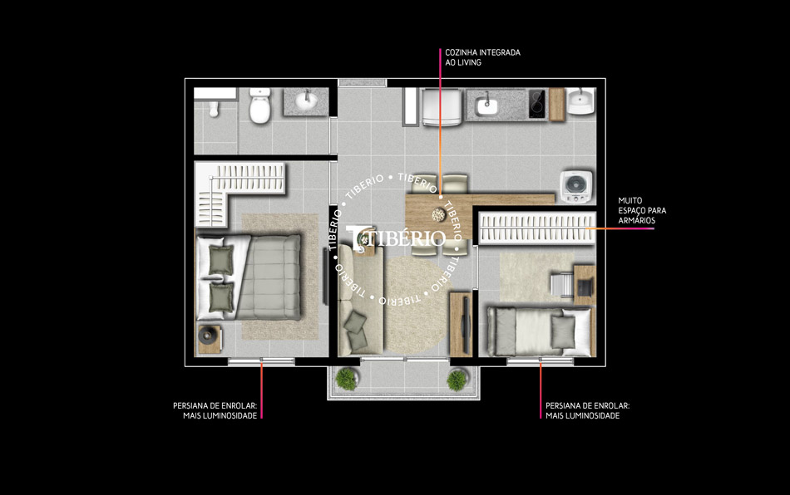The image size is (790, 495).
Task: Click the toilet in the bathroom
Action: click(260, 106)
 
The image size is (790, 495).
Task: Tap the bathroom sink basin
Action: click(306, 100)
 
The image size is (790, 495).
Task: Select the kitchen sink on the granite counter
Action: click(486, 105)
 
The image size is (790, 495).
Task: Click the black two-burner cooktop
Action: click(536, 104)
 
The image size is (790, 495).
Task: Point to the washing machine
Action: click(576, 187)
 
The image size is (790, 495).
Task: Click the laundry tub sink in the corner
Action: click(581, 100)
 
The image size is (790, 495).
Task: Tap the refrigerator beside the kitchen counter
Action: click(442, 107)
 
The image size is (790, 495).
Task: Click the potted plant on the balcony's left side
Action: click(347, 379)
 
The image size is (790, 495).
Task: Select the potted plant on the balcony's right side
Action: click(457, 380)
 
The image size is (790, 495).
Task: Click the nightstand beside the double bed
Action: click(209, 339)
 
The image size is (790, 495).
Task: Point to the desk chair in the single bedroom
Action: click(561, 286)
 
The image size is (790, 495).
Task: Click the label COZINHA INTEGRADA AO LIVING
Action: click(482, 57)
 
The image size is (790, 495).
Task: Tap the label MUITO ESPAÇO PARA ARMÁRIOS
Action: click(642, 210)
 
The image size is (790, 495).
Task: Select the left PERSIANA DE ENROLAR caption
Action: click(215, 410)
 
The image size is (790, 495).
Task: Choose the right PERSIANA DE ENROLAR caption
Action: click(587, 410)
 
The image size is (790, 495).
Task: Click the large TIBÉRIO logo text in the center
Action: click(397, 238)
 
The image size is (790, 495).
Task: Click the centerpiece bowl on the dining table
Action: click(438, 215)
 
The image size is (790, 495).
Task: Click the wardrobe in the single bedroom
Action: click(536, 228)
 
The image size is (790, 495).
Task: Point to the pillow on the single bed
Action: click(563, 331)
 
